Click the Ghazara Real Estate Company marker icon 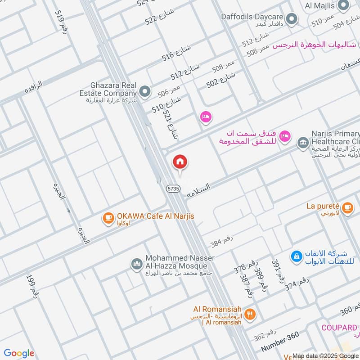tap(145, 92)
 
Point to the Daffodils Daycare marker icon tap(292, 19)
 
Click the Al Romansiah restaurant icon tap(251, 314)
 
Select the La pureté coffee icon tap(347, 207)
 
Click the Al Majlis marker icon tap(343, 5)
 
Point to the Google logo tap(19, 353)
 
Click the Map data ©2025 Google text tap(325, 355)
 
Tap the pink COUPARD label tap(340, 328)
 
